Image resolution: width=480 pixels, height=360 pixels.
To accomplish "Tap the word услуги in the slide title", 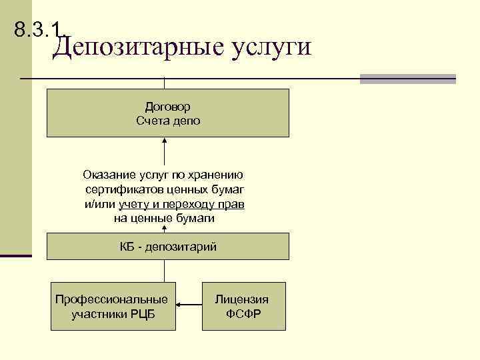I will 271,48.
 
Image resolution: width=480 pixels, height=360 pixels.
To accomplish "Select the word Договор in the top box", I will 168,107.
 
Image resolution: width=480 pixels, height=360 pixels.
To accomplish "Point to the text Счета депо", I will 168,121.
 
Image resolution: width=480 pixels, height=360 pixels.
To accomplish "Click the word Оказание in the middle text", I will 106,175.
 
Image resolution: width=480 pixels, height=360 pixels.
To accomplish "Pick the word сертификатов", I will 123,190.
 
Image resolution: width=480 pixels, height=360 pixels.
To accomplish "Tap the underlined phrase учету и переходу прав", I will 182,204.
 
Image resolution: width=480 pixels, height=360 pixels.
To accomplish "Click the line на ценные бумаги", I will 165,218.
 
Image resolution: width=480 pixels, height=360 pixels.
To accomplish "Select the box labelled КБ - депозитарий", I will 168,247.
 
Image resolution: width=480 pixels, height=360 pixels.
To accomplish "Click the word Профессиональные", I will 112,299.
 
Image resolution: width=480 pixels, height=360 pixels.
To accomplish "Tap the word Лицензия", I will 242,299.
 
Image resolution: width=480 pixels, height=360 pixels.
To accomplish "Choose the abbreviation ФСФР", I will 242,314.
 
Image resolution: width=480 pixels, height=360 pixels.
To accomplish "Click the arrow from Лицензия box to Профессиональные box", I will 189,306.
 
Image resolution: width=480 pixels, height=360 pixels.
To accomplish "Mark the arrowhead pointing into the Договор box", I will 165,141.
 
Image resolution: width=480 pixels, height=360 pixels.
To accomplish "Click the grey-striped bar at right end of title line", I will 407,79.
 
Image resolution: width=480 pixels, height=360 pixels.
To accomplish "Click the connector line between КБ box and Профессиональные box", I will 165,270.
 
